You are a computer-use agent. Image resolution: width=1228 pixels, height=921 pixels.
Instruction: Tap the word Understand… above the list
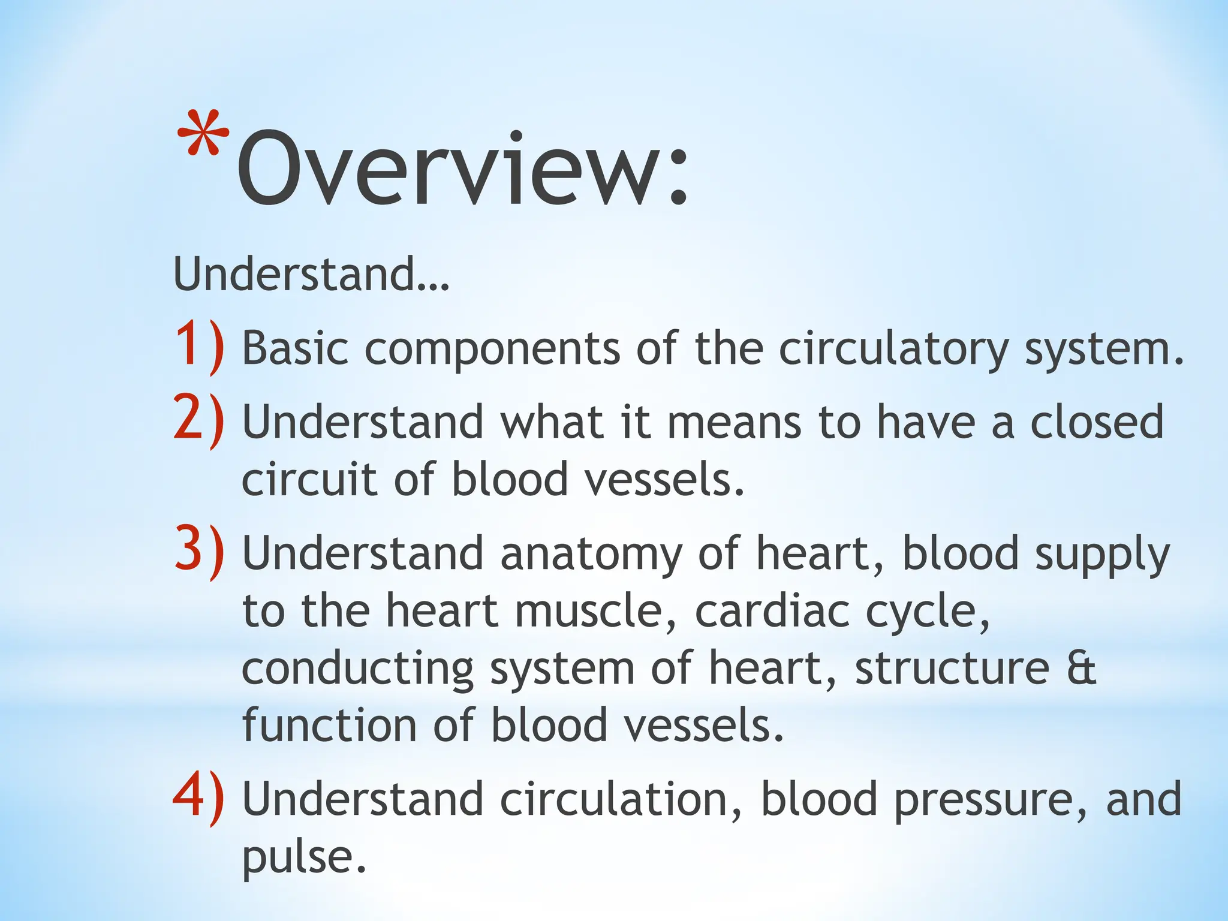311,275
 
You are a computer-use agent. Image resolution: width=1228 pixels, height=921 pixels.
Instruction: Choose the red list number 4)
200,799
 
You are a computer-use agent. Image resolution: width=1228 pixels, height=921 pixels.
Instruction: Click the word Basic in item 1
295,348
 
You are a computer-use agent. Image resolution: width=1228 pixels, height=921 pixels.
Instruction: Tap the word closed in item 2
1097,422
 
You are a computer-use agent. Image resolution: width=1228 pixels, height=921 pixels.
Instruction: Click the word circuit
309,480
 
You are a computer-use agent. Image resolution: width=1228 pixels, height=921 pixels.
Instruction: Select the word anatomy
591,554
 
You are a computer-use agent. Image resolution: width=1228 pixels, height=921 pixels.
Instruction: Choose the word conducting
357,669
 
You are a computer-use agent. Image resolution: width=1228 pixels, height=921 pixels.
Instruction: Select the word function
329,724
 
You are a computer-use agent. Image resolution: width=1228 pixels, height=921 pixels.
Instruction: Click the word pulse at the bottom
303,857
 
